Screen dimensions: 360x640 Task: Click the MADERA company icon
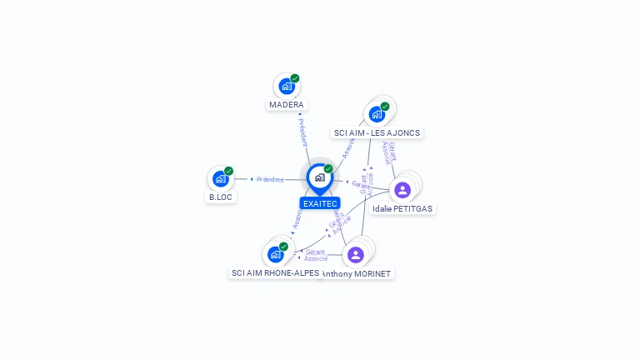[286, 87]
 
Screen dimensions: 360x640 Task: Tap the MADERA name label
[287, 105]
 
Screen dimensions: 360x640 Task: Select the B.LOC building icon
[220, 178]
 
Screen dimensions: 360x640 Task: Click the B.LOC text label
[221, 197]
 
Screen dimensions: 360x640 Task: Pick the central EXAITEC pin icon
[319, 177]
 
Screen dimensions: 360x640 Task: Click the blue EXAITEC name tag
[320, 203]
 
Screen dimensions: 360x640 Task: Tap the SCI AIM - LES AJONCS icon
[377, 114]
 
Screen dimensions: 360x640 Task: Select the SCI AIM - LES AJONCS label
[377, 132]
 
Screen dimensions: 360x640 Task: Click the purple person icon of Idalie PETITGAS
[402, 190]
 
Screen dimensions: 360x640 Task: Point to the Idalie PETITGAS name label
[402, 209]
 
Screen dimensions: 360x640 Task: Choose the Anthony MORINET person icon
[356, 255]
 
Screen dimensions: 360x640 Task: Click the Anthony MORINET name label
[357, 273]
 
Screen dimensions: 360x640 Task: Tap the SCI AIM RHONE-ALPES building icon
[275, 254]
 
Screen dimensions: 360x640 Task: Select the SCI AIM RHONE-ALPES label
[275, 273]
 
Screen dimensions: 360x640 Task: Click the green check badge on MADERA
[295, 78]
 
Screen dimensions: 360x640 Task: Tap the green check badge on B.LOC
[228, 171]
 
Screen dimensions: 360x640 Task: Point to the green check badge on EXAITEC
[328, 169]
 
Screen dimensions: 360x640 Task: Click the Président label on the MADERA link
[303, 132]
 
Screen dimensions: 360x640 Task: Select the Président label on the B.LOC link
[270, 179]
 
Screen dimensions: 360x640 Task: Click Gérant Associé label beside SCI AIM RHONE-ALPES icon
[315, 255]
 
